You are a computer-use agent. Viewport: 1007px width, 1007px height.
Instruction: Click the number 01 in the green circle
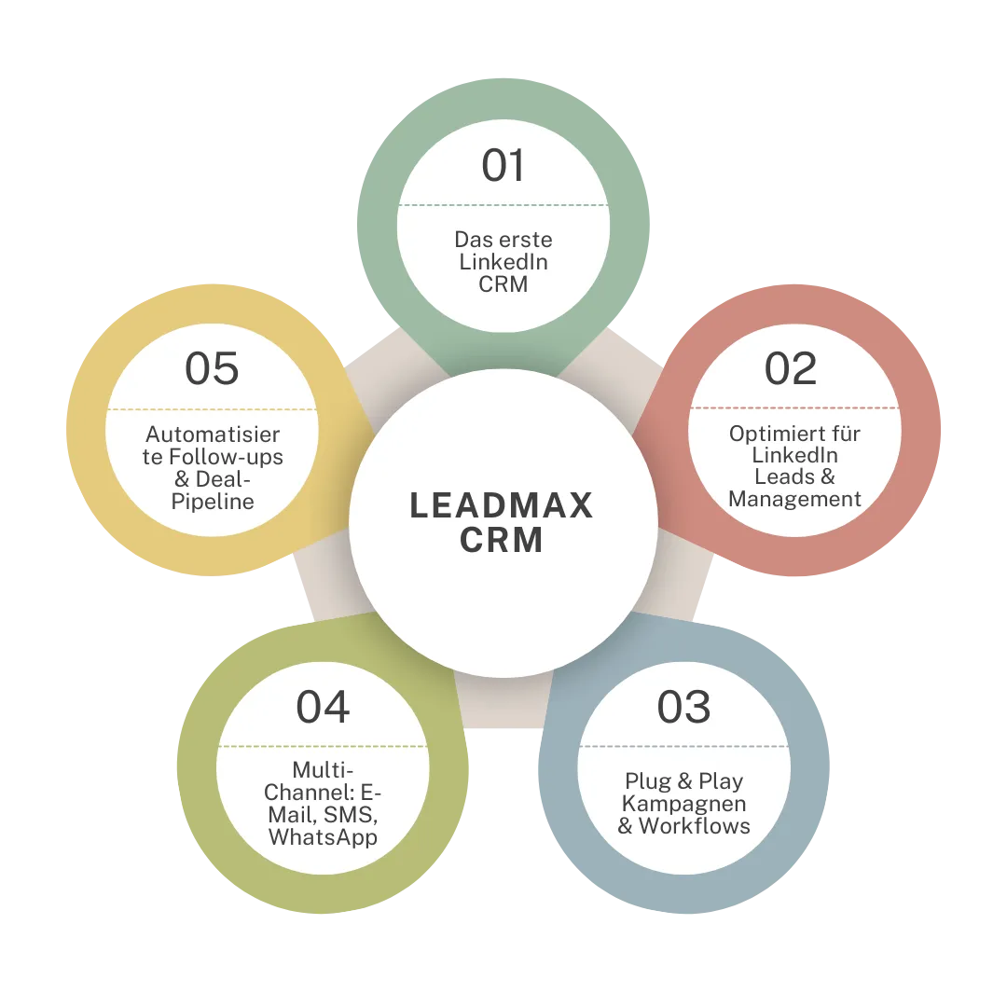[x=503, y=165]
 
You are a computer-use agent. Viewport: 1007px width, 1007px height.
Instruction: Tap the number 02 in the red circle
[x=791, y=368]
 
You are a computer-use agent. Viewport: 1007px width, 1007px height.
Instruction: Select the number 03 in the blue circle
[x=683, y=707]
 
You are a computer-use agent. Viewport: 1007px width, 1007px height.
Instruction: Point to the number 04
[x=323, y=707]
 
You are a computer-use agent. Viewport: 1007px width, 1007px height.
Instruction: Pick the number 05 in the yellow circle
[x=212, y=368]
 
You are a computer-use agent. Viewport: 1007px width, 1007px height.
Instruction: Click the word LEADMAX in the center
[x=502, y=505]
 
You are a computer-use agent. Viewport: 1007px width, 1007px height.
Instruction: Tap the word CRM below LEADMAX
[x=502, y=540]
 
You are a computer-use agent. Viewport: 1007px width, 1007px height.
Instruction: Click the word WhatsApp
[x=323, y=837]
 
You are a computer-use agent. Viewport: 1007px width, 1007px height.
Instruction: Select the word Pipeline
[x=213, y=502]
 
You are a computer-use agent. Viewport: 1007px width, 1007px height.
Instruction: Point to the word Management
[x=794, y=499]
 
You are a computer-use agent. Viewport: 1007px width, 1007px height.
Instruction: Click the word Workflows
[x=695, y=826]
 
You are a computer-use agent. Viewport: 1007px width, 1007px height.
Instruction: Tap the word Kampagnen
[x=684, y=804]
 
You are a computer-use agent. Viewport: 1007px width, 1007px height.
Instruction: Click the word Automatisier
[x=213, y=435]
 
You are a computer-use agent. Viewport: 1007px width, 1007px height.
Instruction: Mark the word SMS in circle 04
[x=350, y=815]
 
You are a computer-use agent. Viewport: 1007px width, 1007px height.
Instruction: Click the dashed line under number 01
[x=503, y=205]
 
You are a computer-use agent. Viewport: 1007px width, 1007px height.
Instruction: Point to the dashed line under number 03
[x=683, y=746]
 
